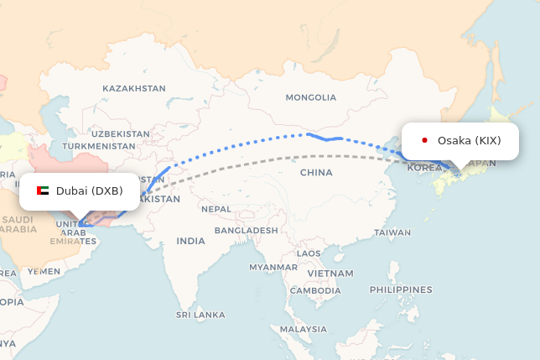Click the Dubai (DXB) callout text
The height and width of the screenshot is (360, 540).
tap(90, 191)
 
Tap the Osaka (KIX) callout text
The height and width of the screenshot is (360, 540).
tap(469, 140)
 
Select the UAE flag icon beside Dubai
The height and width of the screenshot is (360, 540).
tap(43, 191)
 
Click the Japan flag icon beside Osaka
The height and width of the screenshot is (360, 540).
tap(425, 140)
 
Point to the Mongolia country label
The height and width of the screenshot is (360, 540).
tap(310, 97)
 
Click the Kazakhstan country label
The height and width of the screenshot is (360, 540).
tap(134, 88)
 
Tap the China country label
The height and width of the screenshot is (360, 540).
tap(316, 173)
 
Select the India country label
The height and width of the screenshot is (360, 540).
tap(190, 241)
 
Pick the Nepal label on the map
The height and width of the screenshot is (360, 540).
tap(215, 209)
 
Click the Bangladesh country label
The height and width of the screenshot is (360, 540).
tap(246, 230)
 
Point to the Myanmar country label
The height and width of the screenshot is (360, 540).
tap(273, 268)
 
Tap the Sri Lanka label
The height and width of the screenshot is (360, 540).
tap(200, 315)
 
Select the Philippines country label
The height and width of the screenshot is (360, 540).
tap(400, 290)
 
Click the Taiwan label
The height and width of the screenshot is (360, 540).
tap(393, 232)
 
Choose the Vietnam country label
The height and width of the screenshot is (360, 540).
tap(330, 274)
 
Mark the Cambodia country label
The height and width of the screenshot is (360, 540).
tap(314, 290)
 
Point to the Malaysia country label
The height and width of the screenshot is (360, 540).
tap(304, 329)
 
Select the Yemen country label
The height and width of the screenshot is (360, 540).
tap(44, 271)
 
